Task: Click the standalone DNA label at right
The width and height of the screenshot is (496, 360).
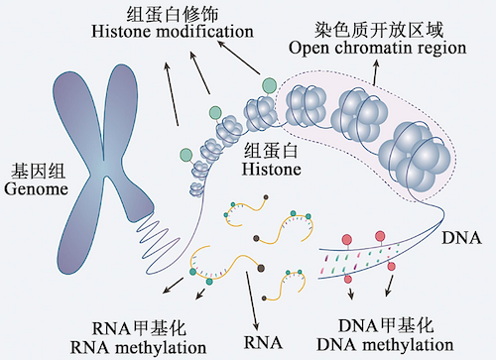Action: pos(462,239)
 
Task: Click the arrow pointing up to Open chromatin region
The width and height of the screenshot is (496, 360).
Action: pos(375,71)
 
